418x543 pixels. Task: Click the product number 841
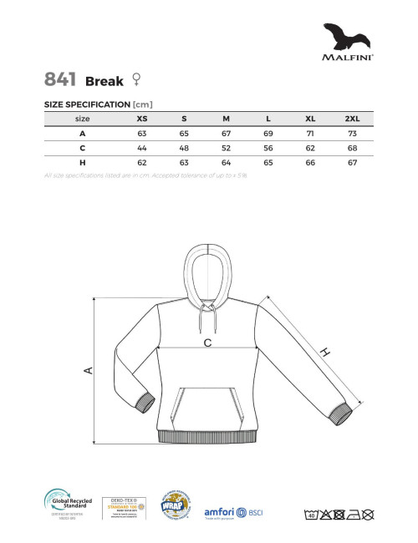(61, 80)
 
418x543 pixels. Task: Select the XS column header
(142, 119)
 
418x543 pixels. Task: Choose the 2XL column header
(351, 119)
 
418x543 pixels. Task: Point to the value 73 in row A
(351, 134)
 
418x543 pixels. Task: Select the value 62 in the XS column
(142, 162)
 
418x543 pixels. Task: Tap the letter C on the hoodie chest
(206, 343)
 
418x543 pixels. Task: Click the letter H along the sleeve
(325, 353)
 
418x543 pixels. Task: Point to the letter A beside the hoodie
(89, 370)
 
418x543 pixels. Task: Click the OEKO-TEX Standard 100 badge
(122, 508)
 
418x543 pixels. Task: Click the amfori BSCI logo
(233, 511)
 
